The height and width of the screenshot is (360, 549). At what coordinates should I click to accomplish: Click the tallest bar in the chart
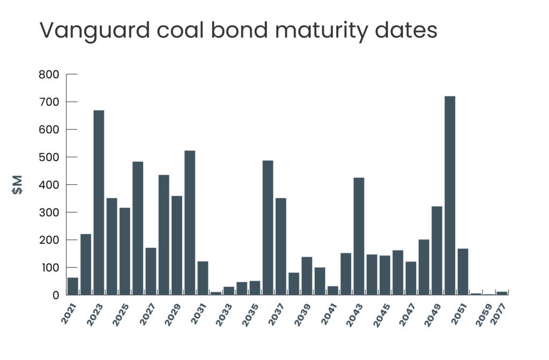[x=450, y=195]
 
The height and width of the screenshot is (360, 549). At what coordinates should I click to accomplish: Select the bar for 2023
[x=99, y=202]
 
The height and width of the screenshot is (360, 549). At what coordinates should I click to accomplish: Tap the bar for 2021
[x=72, y=286]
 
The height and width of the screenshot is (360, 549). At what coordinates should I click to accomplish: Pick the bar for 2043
[x=359, y=236]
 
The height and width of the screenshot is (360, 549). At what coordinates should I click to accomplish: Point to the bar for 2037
[x=281, y=246]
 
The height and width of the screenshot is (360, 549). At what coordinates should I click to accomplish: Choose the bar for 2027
[x=151, y=271]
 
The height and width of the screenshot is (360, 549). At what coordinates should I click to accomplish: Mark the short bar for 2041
[x=333, y=290]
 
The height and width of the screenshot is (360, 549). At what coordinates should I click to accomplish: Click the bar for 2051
[x=463, y=271]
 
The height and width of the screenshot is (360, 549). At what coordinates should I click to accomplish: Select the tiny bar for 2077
[x=502, y=293]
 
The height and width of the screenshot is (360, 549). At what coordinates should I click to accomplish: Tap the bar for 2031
[x=203, y=277]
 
